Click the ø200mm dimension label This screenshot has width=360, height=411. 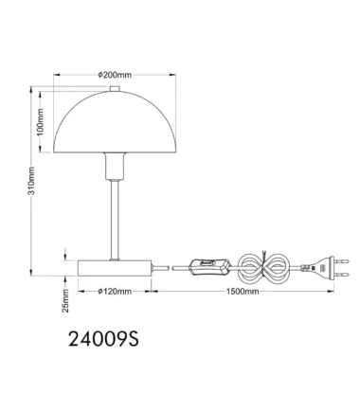pyautogui.click(x=115, y=75)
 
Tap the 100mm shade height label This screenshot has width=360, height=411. pyautogui.click(x=41, y=122)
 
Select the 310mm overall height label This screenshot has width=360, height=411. pyautogui.click(x=31, y=181)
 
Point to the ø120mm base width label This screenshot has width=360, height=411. pyautogui.click(x=115, y=292)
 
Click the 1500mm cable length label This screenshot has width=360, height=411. pyautogui.click(x=243, y=292)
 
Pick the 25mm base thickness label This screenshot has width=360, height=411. pyautogui.click(x=65, y=300)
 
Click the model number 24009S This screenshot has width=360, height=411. pyautogui.click(x=103, y=339)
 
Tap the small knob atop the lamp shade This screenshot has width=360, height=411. pyautogui.click(x=115, y=89)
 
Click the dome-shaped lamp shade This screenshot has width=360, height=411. pyautogui.click(x=115, y=122)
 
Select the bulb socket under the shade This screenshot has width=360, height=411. pyautogui.click(x=115, y=167)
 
